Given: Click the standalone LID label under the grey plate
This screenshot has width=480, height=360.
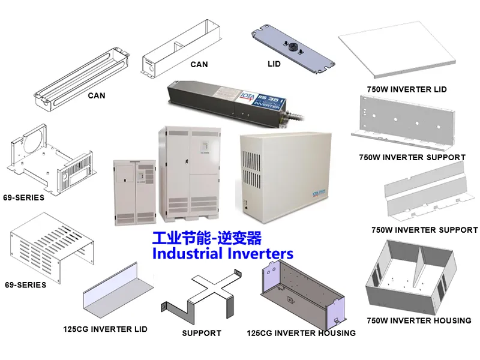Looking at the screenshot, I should (274, 63).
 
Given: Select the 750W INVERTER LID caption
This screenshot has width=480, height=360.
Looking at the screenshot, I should (407, 89).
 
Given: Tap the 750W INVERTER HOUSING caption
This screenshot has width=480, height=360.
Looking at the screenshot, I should (419, 320).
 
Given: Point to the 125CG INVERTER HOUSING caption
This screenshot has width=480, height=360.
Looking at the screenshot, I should (301, 333).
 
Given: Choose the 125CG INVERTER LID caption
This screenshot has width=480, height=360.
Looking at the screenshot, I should (105, 329).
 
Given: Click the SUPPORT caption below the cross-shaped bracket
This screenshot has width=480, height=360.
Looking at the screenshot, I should (202, 333).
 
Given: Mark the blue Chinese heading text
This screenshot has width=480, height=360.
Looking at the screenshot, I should (206, 238).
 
